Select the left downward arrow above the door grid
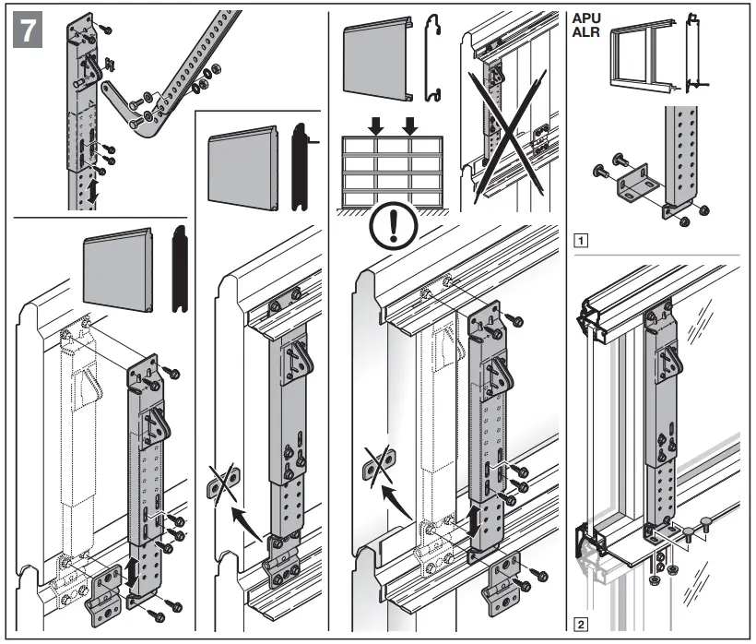click(376, 124)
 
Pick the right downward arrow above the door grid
click(411, 124)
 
